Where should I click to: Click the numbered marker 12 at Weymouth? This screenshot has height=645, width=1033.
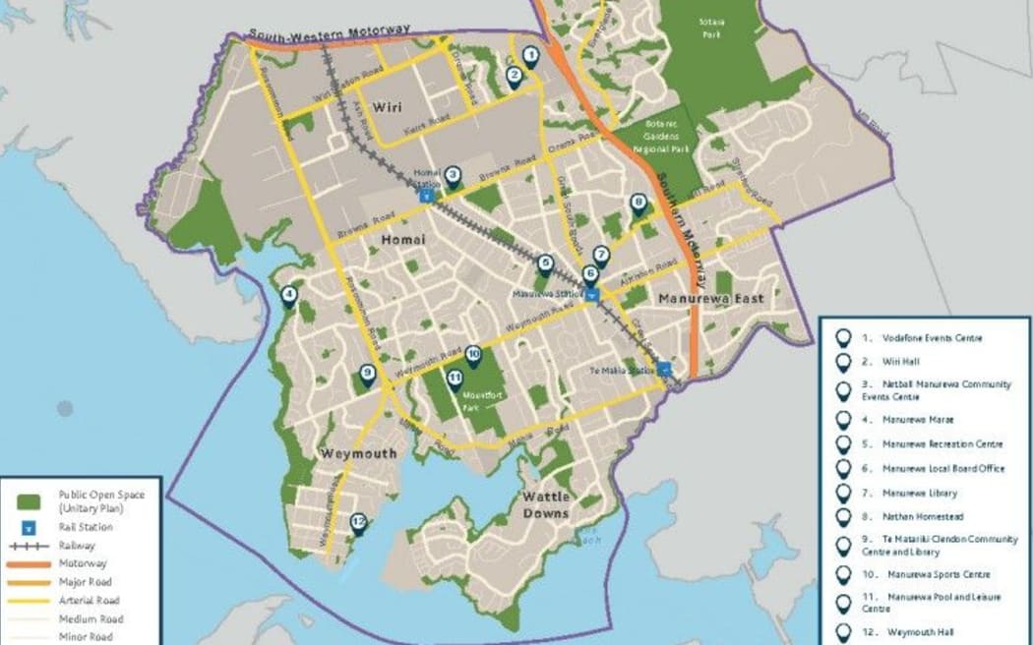click(357, 525)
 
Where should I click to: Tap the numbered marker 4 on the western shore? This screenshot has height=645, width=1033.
click(288, 295)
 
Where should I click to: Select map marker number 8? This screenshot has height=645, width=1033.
click(638, 205)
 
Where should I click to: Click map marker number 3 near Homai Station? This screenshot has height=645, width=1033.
click(453, 177)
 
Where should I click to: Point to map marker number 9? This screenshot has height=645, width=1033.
click(367, 375)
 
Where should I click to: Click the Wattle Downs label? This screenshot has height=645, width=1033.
click(546, 504)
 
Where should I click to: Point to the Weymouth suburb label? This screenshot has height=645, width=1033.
click(357, 453)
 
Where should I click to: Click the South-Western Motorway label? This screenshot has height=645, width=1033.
click(329, 33)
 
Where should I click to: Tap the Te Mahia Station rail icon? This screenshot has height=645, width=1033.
click(666, 371)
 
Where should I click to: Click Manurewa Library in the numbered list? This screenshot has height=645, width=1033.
click(919, 493)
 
